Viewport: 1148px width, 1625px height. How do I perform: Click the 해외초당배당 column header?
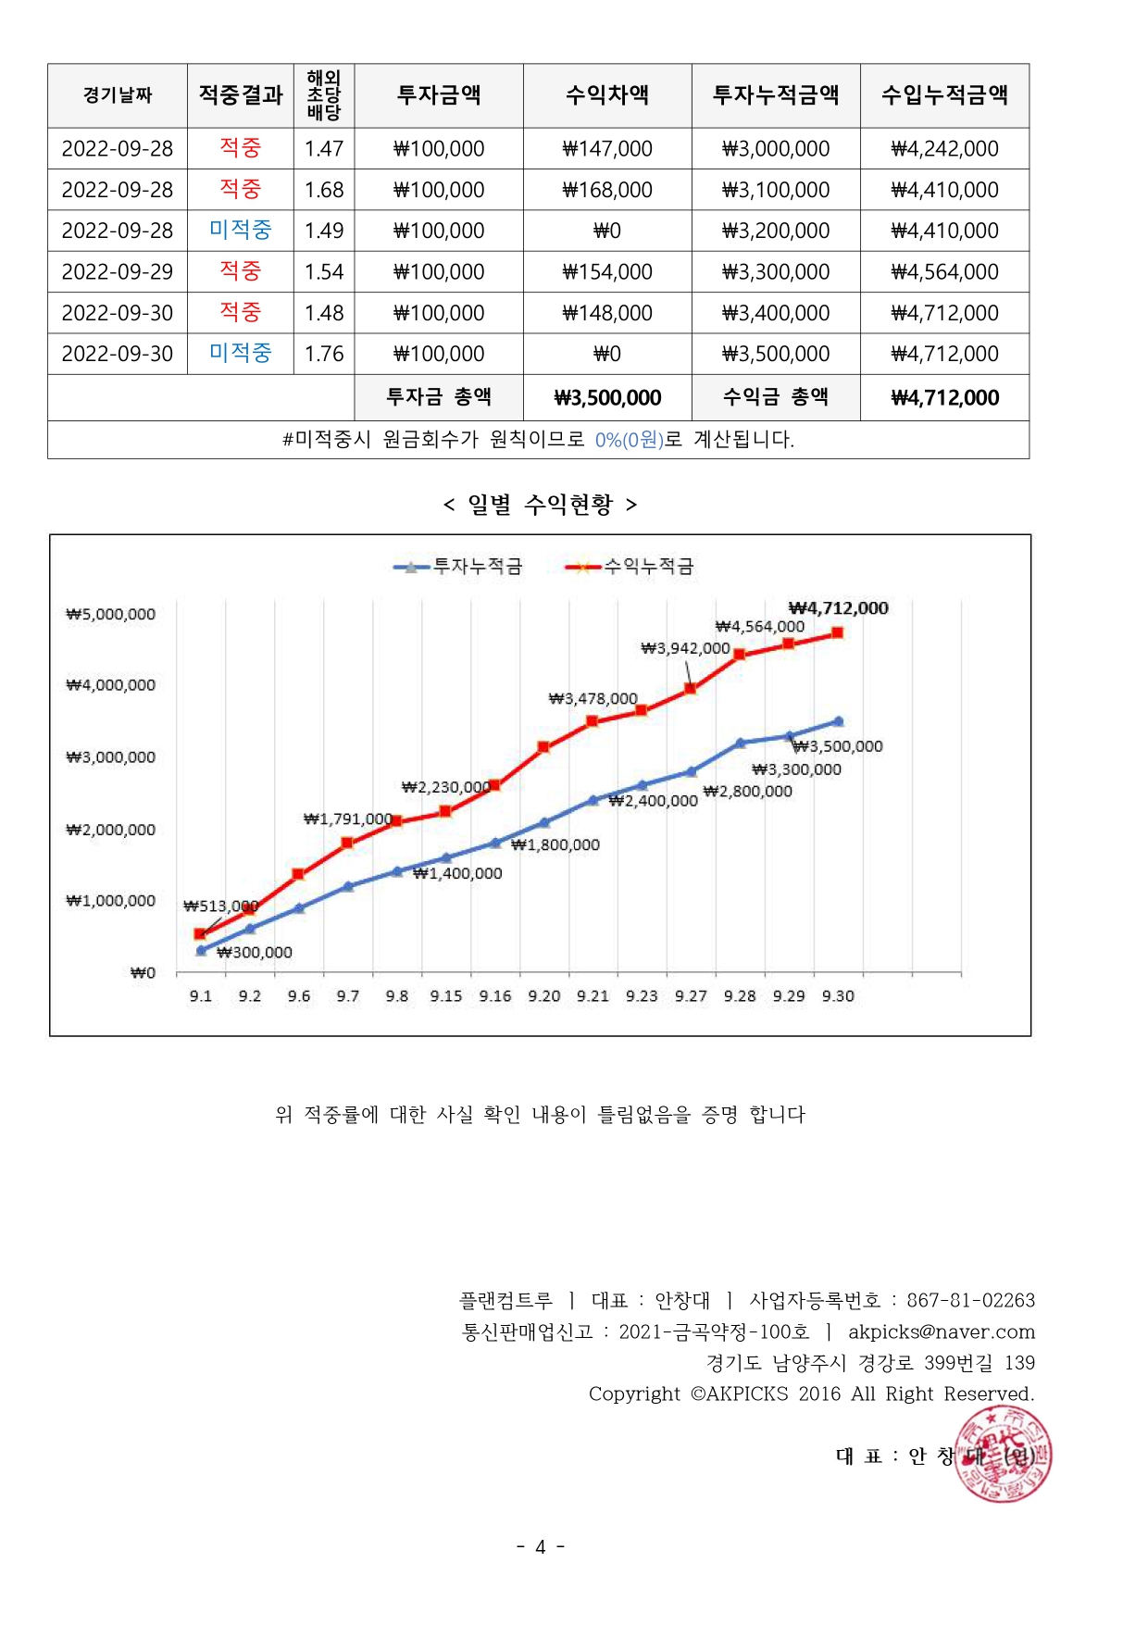click(x=324, y=95)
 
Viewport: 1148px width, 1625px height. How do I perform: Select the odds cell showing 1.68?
click(x=324, y=190)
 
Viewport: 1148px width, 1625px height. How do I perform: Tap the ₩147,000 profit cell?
click(x=607, y=149)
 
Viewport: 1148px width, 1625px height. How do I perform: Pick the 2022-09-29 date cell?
click(x=118, y=272)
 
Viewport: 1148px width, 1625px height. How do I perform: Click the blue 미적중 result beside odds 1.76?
click(x=241, y=353)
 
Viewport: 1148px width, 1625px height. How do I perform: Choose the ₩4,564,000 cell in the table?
click(x=944, y=272)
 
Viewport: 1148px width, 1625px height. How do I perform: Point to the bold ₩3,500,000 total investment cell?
click(x=607, y=398)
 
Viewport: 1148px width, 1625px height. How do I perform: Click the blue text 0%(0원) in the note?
click(x=630, y=440)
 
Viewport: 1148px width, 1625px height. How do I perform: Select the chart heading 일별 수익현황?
click(x=540, y=505)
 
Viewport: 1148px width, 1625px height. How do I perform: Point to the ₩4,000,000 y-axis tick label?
click(x=111, y=685)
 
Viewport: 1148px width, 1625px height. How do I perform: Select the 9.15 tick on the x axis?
click(x=445, y=996)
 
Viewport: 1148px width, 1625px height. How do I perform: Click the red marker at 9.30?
click(x=837, y=633)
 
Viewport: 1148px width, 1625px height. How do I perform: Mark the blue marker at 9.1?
click(x=201, y=950)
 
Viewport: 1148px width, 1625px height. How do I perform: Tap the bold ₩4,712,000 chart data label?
click(x=838, y=608)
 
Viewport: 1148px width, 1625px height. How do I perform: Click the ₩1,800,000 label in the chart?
click(x=555, y=844)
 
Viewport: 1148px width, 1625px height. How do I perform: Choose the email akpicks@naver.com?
click(x=942, y=1331)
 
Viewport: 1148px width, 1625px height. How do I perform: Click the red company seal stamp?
click(x=1004, y=1454)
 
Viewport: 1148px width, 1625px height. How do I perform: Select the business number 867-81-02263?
click(x=970, y=1300)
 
